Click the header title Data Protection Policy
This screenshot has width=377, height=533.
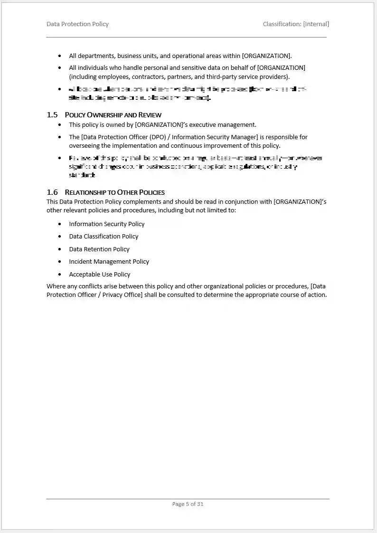pos(77,24)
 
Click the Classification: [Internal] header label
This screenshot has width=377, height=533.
pos(296,24)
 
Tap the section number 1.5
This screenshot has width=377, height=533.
pos(52,114)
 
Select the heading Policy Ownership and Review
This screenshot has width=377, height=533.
pos(113,115)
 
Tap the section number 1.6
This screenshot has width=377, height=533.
pos(52,192)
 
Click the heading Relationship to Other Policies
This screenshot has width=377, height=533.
pos(114,192)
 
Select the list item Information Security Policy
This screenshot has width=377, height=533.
pos(106,224)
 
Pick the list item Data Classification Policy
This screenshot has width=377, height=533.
pos(104,236)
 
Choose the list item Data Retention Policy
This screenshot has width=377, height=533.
pos(99,249)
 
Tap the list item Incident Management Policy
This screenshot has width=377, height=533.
pos(109,261)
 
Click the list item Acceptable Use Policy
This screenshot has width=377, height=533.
pos(99,274)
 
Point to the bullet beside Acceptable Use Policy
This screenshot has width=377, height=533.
pos(59,274)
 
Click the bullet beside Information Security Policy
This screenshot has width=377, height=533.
pos(59,224)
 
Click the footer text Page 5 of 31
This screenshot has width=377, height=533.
pos(188,504)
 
